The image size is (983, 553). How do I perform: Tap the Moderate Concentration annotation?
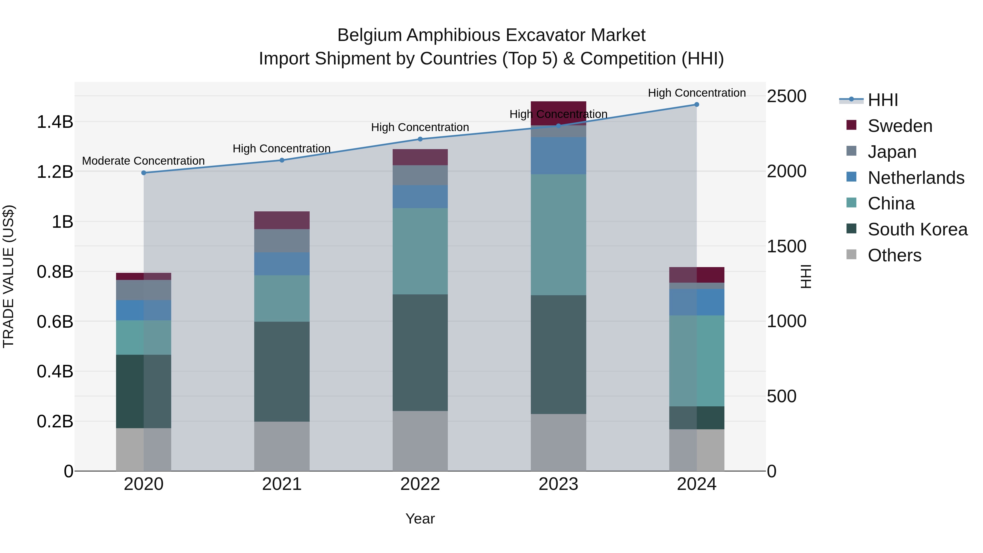click(x=143, y=161)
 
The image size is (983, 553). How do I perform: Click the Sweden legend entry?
click(x=900, y=126)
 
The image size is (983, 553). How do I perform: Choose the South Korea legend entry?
click(x=917, y=229)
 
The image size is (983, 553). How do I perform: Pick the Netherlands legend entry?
click(x=916, y=178)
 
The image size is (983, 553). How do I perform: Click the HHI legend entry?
click(x=883, y=100)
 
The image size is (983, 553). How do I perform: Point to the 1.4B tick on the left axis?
click(x=55, y=122)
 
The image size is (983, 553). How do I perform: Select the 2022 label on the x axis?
click(x=420, y=484)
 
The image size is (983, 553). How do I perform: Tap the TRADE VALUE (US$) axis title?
click(x=9, y=276)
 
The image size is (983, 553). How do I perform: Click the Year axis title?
click(x=420, y=519)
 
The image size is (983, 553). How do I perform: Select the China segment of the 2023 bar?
click(x=558, y=235)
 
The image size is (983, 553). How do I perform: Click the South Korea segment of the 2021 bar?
click(x=282, y=371)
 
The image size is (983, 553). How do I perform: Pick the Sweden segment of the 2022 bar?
click(x=420, y=157)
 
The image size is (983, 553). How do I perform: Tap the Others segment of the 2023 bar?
click(x=558, y=442)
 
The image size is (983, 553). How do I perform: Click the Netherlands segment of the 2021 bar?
click(x=282, y=264)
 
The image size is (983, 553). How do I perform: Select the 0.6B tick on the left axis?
click(x=55, y=322)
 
